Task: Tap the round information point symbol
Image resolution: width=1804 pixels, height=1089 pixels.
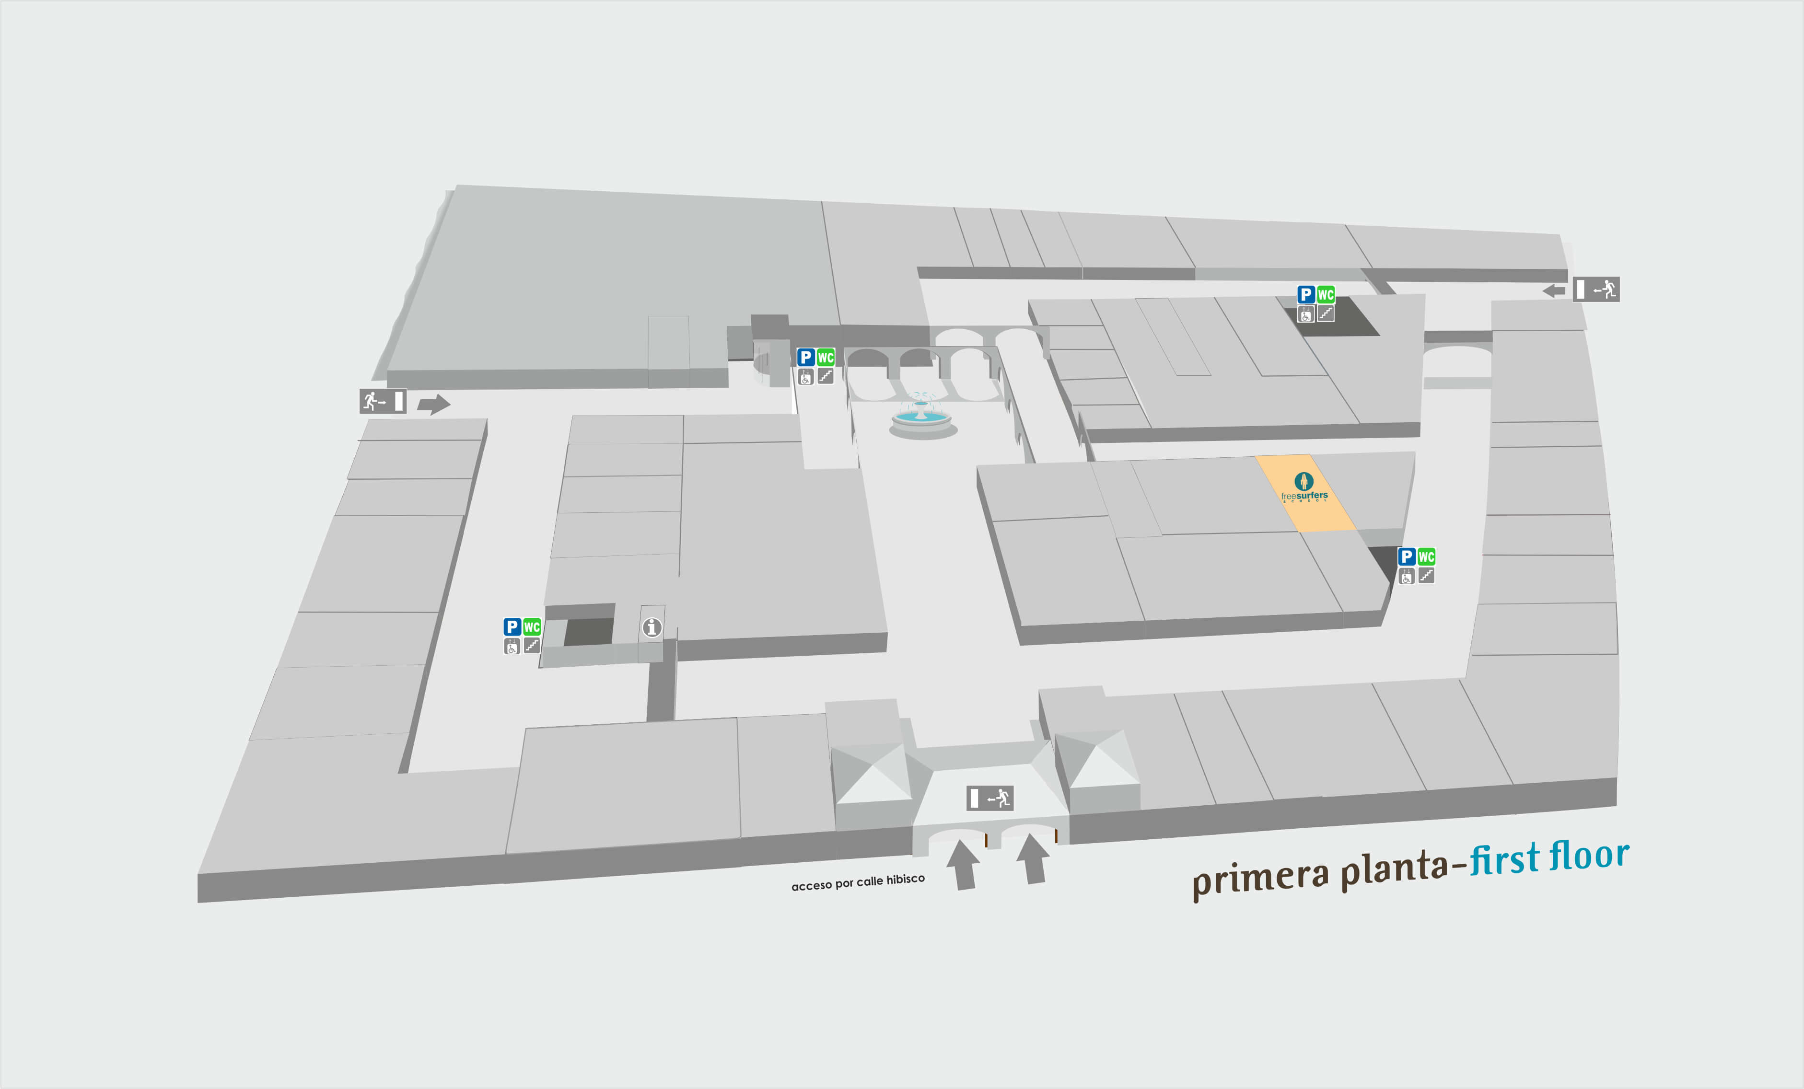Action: click(652, 627)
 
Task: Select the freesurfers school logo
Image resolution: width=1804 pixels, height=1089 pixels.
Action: click(1304, 488)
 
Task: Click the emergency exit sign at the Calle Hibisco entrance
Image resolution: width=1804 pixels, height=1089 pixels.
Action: click(990, 798)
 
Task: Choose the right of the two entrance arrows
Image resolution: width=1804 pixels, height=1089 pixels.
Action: click(1033, 859)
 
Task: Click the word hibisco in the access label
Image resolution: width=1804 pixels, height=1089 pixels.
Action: click(905, 879)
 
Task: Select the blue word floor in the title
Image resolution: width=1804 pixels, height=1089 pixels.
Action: click(1590, 855)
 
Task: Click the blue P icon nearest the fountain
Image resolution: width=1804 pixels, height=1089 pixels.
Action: click(806, 357)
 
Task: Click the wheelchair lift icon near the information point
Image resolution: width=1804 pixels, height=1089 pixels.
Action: click(512, 646)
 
